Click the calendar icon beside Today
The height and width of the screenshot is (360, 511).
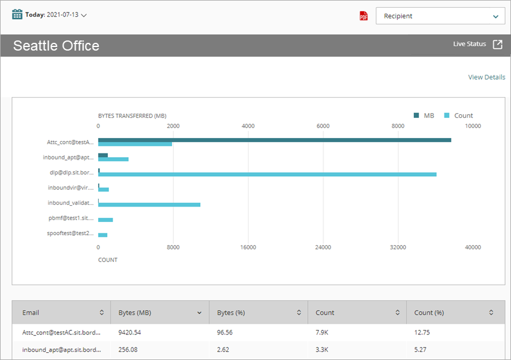[17, 14]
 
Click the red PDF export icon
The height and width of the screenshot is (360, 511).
[364, 16]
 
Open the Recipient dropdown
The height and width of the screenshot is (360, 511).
[440, 16]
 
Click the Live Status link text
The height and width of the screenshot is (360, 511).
[469, 44]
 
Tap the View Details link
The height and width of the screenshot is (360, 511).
[486, 77]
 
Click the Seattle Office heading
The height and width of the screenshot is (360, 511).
[56, 46]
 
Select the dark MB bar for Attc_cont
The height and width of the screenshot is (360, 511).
[274, 140]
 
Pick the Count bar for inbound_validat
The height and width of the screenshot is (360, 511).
[149, 205]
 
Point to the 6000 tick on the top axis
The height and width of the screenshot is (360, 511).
[323, 126]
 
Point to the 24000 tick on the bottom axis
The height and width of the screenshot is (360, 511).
[323, 248]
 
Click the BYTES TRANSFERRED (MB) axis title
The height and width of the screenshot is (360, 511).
[132, 115]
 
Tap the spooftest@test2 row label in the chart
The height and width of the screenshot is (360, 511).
[70, 233]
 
